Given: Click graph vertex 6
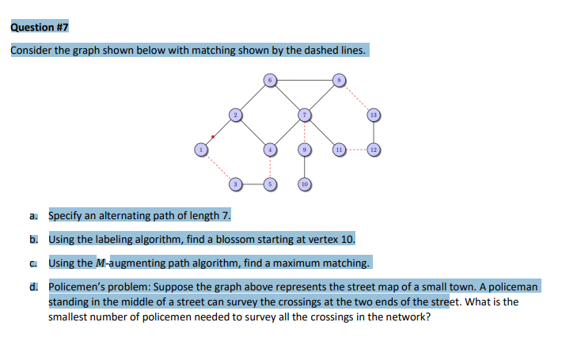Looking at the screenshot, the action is click(269, 80).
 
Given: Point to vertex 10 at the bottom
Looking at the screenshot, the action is click(303, 184).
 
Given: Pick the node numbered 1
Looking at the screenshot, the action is click(201, 149).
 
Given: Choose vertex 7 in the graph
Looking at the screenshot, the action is click(303, 115).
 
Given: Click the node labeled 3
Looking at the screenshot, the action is click(235, 184).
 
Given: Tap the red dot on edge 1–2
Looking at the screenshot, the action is click(213, 136).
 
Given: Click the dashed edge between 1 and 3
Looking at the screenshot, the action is click(218, 166).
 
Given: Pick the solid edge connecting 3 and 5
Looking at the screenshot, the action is click(252, 184).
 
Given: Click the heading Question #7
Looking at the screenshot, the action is click(40, 27).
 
